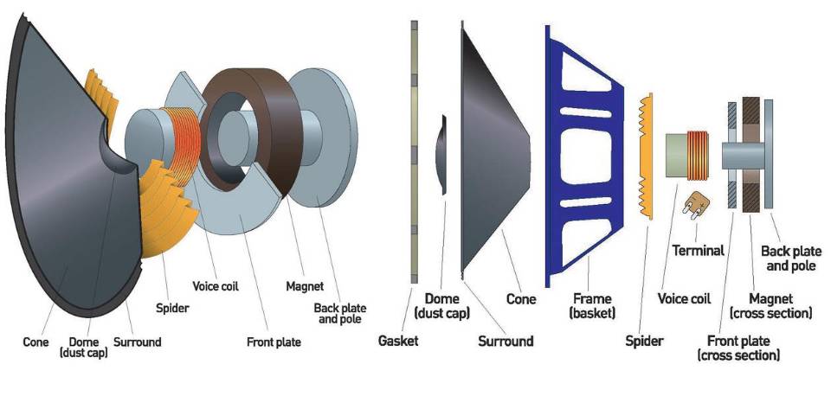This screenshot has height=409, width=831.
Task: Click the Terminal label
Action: tap(698, 251)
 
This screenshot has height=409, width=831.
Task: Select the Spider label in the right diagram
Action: tap(644, 341)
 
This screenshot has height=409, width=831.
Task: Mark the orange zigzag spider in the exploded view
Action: tap(643, 156)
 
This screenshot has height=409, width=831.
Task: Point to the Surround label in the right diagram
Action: tap(506, 341)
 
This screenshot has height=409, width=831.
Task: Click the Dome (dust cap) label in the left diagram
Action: tap(84, 347)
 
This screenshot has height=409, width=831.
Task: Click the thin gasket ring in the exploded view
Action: tap(414, 156)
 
